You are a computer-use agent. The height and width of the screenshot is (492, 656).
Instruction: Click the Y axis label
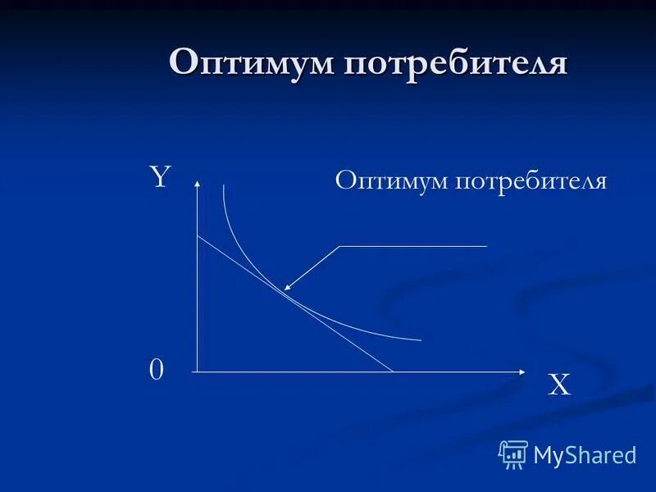[x=158, y=177]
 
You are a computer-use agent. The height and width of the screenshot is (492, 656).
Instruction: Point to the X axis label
[x=559, y=385]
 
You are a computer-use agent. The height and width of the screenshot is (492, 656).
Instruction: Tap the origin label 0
[x=156, y=371]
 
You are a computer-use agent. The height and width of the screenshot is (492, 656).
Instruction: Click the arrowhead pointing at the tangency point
[x=287, y=287]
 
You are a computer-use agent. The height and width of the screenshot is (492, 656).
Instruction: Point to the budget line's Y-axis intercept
[x=198, y=236]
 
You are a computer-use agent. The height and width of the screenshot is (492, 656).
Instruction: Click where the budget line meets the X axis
[x=394, y=371]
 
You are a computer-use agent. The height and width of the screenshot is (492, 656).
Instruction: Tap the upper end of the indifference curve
[x=223, y=185]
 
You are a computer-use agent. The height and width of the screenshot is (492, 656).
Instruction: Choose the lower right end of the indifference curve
[x=421, y=339]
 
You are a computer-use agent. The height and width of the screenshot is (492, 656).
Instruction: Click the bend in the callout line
[x=339, y=246]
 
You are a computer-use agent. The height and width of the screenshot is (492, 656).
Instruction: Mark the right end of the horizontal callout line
[x=487, y=246]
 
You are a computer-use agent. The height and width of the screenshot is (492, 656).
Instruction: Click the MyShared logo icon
[x=513, y=453]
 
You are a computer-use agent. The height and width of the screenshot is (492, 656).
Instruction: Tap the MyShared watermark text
[x=585, y=454]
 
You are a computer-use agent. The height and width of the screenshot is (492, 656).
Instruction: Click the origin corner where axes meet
[x=198, y=371]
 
